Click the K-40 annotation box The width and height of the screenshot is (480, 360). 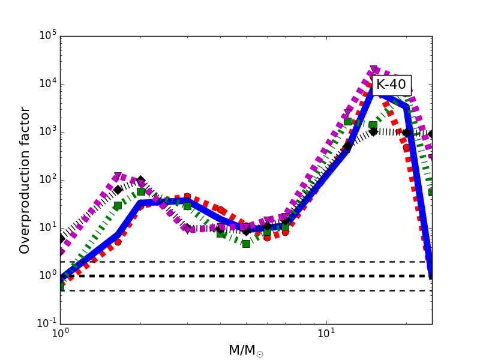[x=391, y=85]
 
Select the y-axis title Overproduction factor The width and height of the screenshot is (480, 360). [x=25, y=180]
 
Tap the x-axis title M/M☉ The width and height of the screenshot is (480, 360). [x=245, y=350]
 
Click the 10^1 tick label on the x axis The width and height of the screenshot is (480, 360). [x=326, y=335]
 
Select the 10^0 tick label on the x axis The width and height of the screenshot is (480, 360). [x=60, y=335]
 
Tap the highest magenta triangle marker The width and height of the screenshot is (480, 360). [x=374, y=70]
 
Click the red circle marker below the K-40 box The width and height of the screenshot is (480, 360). [x=407, y=148]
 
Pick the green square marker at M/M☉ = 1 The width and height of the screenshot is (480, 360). [x=61, y=286]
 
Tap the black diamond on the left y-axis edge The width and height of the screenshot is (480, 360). [x=61, y=239]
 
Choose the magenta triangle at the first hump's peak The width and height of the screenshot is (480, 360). [x=118, y=177]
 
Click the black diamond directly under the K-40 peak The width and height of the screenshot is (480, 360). [x=373, y=131]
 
